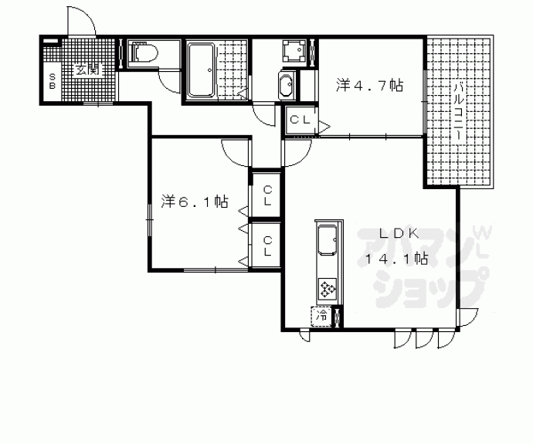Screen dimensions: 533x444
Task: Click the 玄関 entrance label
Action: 88,69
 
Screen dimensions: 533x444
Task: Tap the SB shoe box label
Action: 53,81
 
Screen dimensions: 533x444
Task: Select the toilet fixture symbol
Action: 144,53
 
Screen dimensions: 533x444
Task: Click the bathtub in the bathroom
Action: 202,69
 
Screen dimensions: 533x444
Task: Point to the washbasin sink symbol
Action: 287,85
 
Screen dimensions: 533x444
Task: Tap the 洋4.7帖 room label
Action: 369,85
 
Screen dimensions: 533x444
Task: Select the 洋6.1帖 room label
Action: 194,202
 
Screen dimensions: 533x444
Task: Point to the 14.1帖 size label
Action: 396,259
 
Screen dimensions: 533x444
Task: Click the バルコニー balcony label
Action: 458,111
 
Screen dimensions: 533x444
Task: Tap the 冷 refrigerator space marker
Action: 321,317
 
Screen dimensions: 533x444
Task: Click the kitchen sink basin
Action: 327,240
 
